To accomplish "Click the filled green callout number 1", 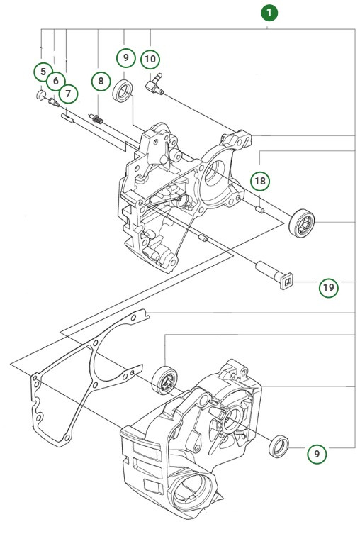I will (x=269, y=12).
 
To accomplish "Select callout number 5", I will (x=43, y=72).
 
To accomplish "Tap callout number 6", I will (x=56, y=82).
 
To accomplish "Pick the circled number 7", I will (x=68, y=92).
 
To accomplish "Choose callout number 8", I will (x=101, y=82).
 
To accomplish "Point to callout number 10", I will (x=150, y=59).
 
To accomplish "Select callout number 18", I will (x=261, y=182).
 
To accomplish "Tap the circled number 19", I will (x=328, y=287).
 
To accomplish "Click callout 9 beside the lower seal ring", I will (x=317, y=453).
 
